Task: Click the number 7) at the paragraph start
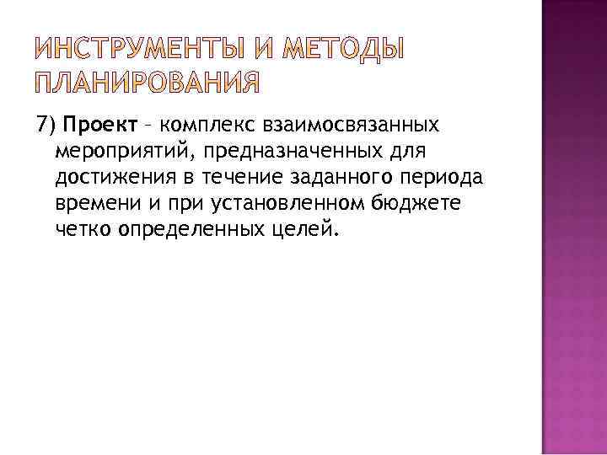tap(47, 126)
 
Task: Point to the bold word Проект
tap(99, 126)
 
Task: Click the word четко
tap(83, 229)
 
